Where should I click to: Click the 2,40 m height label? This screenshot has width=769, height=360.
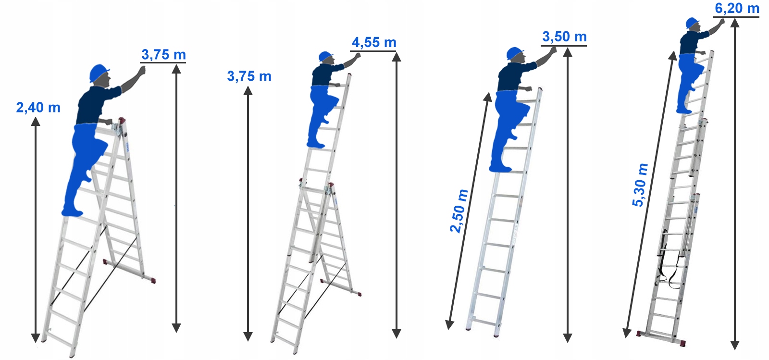[38, 107]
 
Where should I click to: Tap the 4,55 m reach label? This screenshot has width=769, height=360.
[374, 43]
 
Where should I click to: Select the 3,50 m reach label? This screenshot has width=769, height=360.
[564, 37]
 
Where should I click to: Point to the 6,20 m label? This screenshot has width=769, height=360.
[737, 8]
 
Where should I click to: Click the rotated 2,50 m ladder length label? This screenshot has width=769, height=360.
[459, 211]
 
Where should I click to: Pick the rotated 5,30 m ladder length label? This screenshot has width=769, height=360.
[640, 185]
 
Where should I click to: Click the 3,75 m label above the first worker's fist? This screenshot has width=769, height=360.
[163, 55]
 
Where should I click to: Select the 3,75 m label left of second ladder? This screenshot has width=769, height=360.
[249, 76]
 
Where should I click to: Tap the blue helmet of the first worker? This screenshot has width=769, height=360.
[99, 72]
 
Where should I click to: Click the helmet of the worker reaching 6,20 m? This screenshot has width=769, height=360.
[692, 23]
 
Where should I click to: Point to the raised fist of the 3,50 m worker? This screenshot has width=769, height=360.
[553, 51]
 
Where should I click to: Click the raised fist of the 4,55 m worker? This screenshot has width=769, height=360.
[358, 56]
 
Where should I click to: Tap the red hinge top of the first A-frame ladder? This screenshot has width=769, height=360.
[122, 121]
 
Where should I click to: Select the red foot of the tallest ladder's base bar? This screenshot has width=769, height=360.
[683, 343]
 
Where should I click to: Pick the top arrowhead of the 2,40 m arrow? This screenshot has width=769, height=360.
[36, 121]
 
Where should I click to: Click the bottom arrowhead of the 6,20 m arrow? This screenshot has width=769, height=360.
[735, 345]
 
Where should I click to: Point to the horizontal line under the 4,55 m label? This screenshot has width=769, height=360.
[373, 51]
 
